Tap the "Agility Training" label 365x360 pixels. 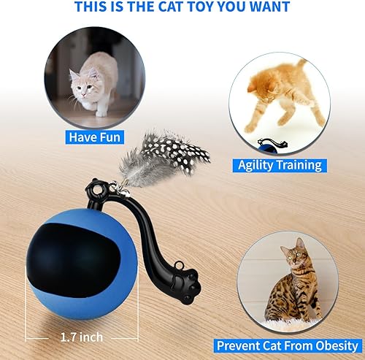[x=280, y=164]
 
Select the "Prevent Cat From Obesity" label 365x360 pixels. [x=287, y=344]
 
